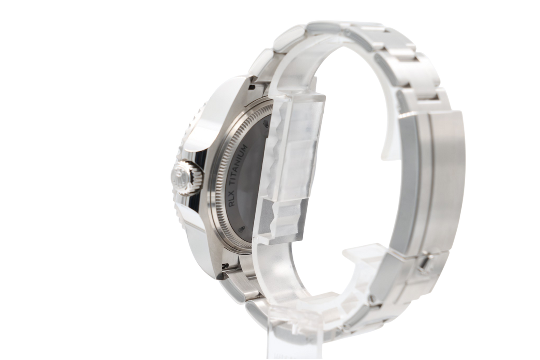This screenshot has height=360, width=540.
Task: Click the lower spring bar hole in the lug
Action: (225, 265)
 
